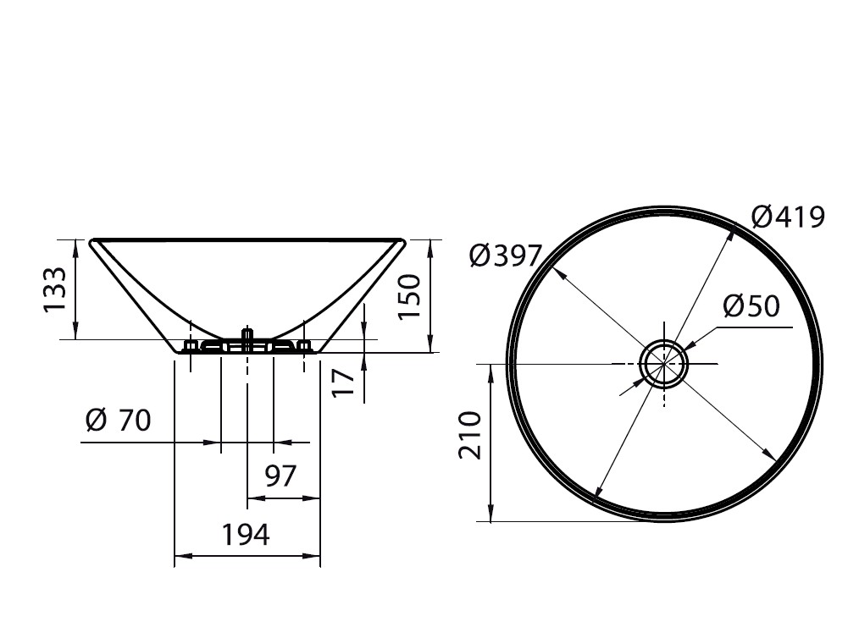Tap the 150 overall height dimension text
[409, 297]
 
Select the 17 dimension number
[343, 382]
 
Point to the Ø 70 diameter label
[119, 421]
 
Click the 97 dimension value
[280, 476]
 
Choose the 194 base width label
[246, 535]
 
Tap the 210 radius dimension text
[470, 435]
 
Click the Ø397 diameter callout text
[506, 256]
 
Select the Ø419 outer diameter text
[789, 217]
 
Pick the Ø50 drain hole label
[751, 306]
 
